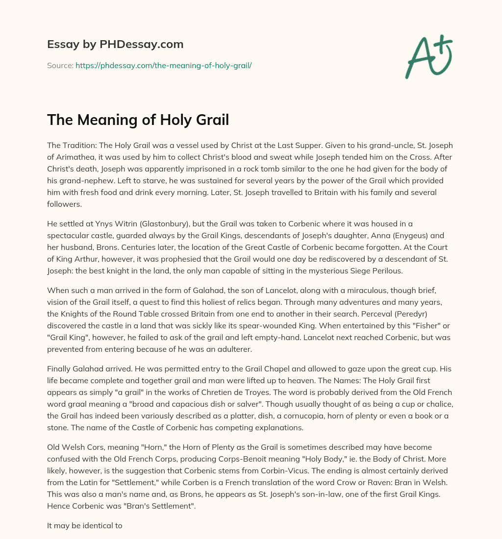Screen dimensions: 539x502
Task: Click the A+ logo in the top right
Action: point(428,57)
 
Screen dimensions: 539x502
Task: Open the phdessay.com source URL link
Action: point(163,65)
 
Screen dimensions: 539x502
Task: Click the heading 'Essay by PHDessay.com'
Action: point(115,45)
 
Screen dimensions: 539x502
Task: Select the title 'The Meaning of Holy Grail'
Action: point(138,120)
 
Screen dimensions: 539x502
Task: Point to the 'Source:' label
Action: point(60,65)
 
